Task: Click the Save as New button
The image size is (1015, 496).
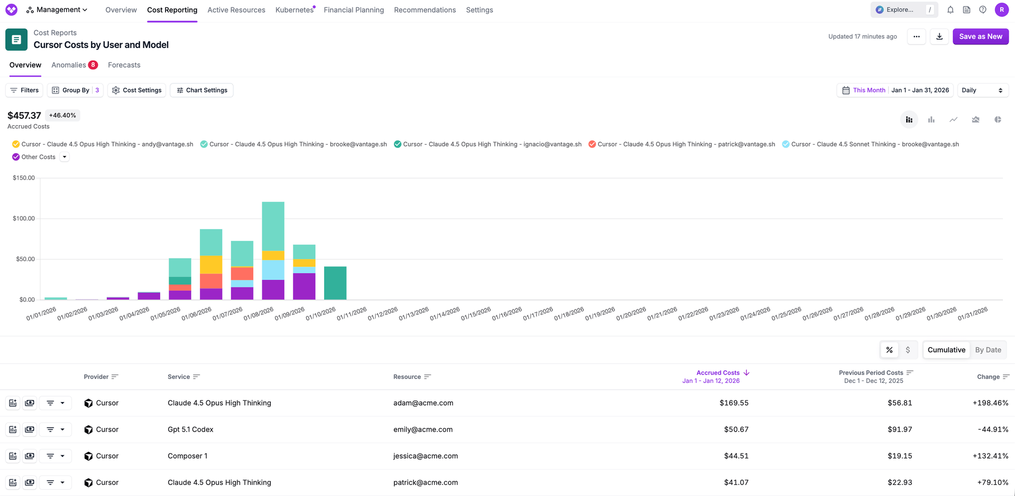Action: click(x=980, y=36)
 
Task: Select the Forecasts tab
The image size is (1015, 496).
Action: click(x=124, y=65)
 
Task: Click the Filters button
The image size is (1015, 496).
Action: click(x=24, y=90)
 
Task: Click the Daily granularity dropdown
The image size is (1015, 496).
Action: click(x=982, y=90)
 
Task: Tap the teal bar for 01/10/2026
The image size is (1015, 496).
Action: click(x=335, y=283)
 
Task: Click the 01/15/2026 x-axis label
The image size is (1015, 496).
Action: click(x=476, y=314)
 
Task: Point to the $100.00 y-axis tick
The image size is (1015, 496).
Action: click(x=24, y=219)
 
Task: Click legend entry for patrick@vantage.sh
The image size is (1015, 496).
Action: click(x=682, y=144)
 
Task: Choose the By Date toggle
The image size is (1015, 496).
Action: click(x=988, y=350)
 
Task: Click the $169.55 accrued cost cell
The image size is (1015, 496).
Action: click(x=734, y=403)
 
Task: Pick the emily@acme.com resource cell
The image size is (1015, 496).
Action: click(x=423, y=429)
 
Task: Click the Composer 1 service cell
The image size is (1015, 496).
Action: click(x=188, y=456)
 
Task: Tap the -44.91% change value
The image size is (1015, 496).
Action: click(x=993, y=429)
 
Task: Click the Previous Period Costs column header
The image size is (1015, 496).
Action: click(x=871, y=373)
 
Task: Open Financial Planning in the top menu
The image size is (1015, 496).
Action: click(x=354, y=10)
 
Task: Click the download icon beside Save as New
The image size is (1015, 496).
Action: click(x=939, y=36)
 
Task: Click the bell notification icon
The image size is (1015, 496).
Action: click(x=950, y=10)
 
